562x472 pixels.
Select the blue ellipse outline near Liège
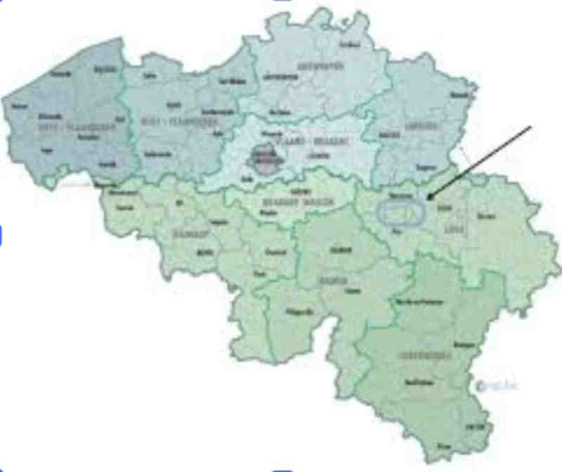(401, 212)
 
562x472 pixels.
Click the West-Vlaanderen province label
(67, 126)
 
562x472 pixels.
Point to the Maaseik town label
(460, 93)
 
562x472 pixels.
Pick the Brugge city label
(106, 70)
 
